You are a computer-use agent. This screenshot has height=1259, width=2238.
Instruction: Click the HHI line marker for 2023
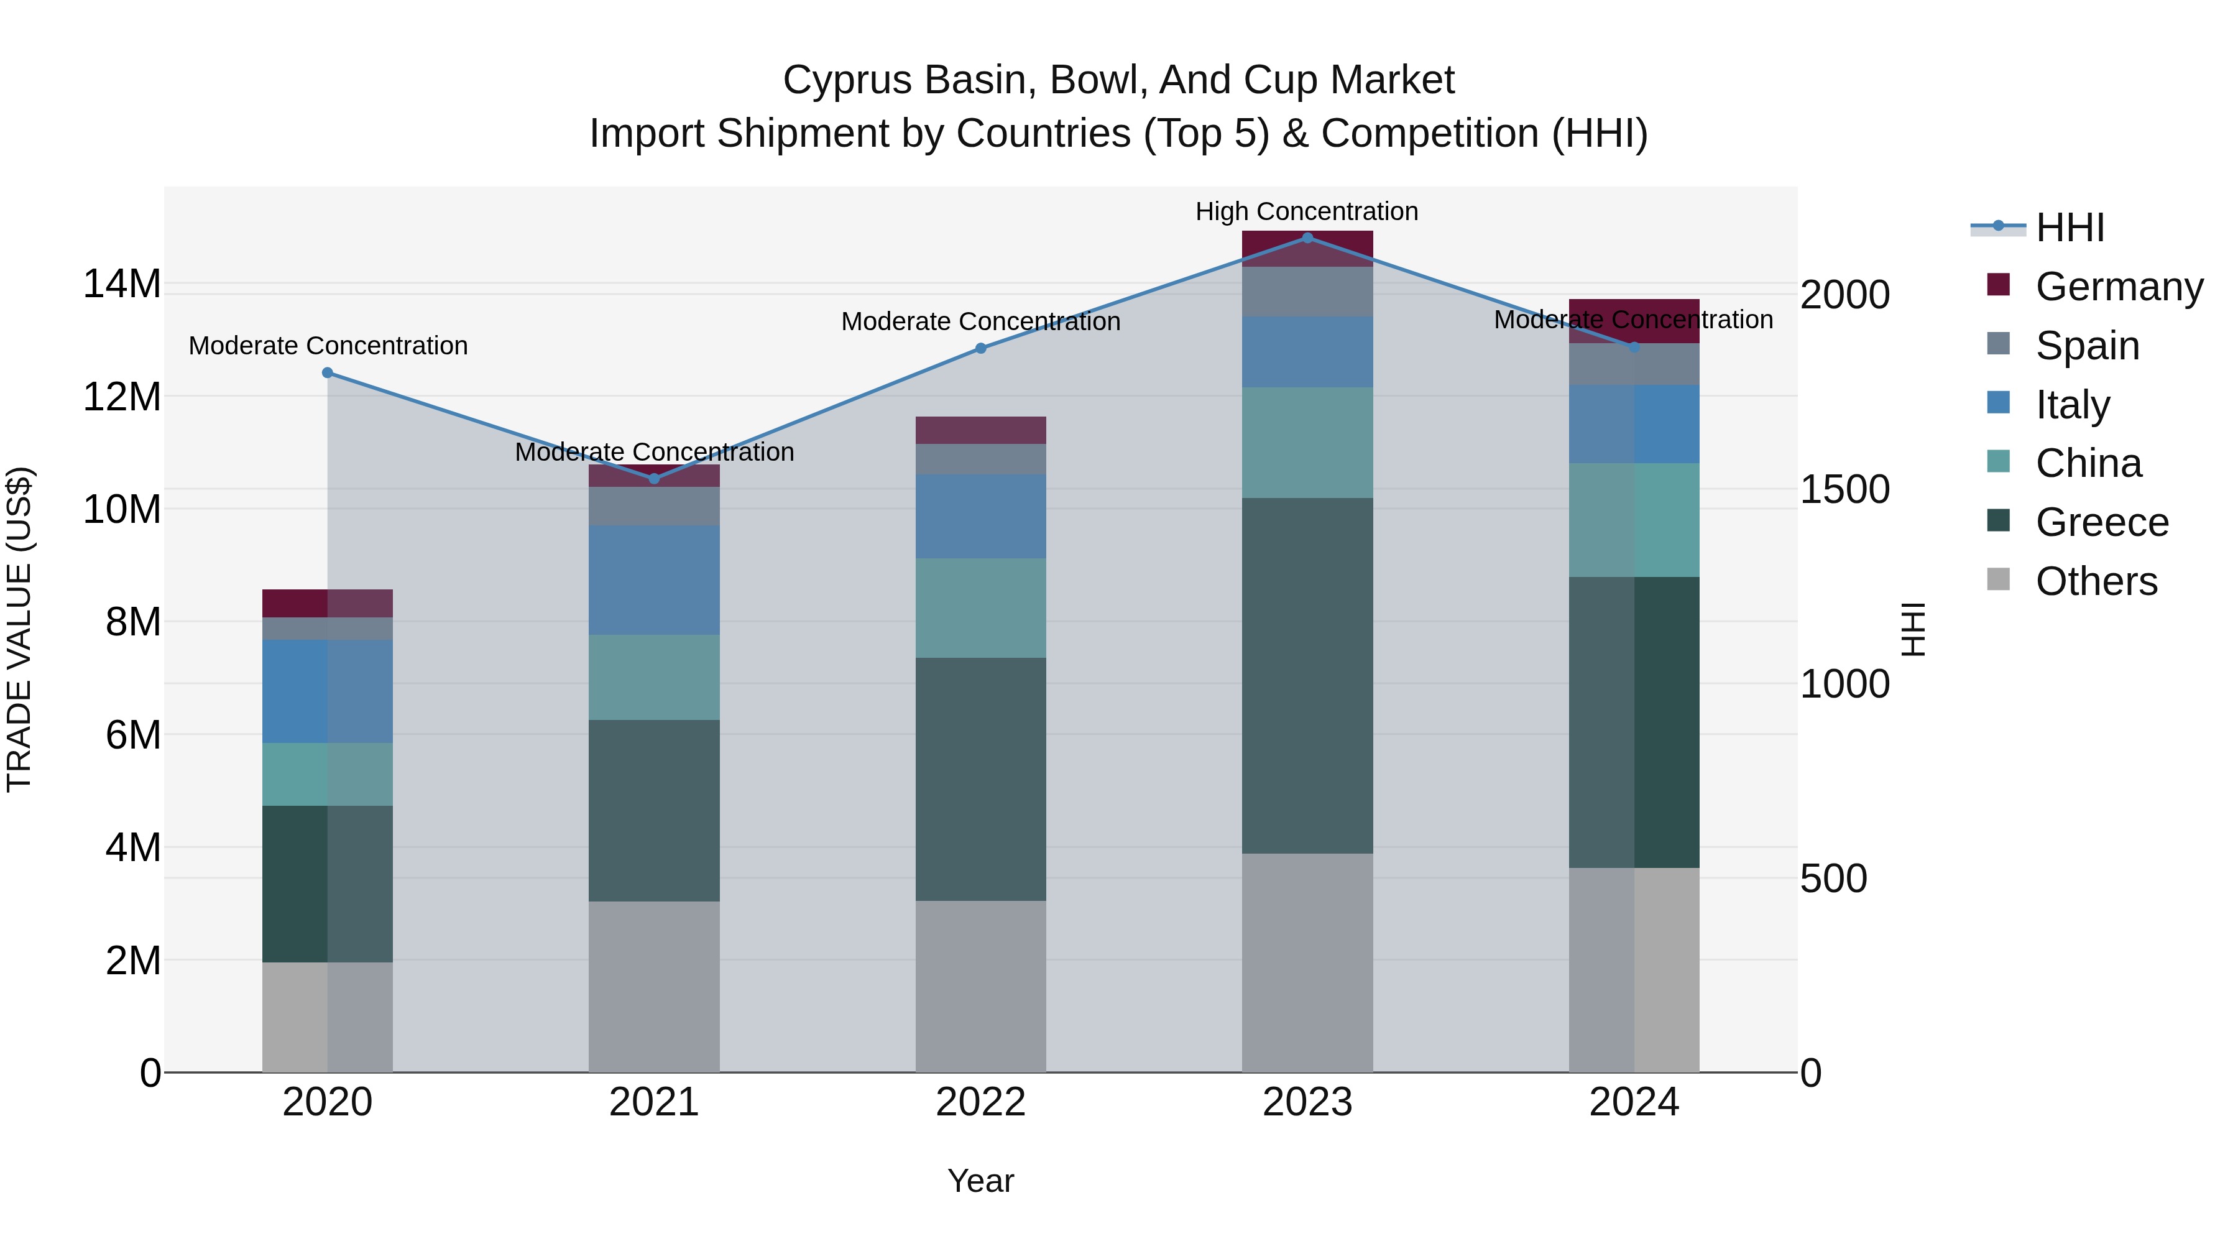pyautogui.click(x=1307, y=238)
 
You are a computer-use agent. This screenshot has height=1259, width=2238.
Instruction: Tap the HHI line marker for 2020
pyautogui.click(x=328, y=373)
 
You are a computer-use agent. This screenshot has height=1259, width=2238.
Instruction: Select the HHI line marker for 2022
pyautogui.click(x=981, y=348)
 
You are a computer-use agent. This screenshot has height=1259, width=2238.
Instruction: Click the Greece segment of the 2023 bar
pyautogui.click(x=1307, y=675)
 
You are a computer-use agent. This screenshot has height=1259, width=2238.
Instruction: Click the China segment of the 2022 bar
pyautogui.click(x=981, y=607)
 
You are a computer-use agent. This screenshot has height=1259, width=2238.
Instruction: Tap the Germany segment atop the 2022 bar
pyautogui.click(x=981, y=430)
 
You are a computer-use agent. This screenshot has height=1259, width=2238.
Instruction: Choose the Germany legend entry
pyautogui.click(x=2118, y=287)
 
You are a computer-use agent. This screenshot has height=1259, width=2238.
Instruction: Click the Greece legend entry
pyautogui.click(x=2101, y=522)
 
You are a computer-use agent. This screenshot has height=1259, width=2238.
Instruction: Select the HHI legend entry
pyautogui.click(x=2070, y=228)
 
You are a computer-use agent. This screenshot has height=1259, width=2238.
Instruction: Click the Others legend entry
pyautogui.click(x=2096, y=581)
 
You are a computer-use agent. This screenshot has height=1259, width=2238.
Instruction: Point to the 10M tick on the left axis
pyautogui.click(x=122, y=509)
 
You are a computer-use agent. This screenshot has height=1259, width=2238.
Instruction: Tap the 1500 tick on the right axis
pyautogui.click(x=1844, y=489)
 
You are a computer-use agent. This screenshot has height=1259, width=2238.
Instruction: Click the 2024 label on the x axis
pyautogui.click(x=1633, y=1102)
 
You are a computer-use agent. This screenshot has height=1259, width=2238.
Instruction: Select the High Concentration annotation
pyautogui.click(x=1307, y=211)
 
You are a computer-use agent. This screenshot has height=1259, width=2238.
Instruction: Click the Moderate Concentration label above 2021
pyautogui.click(x=654, y=452)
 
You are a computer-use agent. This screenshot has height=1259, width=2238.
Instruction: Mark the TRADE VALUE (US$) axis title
pyautogui.click(x=19, y=629)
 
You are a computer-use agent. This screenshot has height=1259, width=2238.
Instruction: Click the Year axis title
pyautogui.click(x=981, y=1181)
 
